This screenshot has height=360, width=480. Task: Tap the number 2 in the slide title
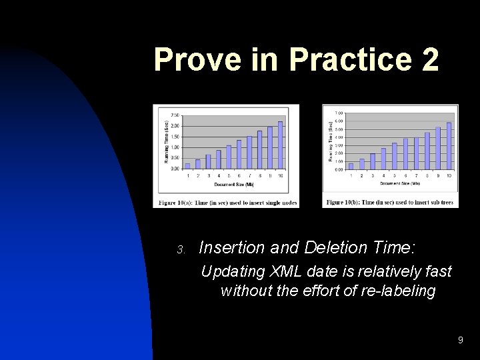click(x=430, y=60)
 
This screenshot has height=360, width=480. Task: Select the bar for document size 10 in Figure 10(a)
click(x=281, y=145)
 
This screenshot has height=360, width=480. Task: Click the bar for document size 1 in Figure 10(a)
click(x=187, y=165)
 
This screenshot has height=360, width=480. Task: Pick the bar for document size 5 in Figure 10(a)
click(x=229, y=157)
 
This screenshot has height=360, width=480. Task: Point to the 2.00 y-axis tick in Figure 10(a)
click(x=175, y=126)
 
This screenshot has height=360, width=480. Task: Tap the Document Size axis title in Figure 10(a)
click(x=233, y=184)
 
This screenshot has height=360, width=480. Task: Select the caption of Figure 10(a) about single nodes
click(x=226, y=202)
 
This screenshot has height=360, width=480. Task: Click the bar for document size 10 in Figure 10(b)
click(x=449, y=145)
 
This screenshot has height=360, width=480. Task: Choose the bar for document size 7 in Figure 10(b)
click(x=416, y=153)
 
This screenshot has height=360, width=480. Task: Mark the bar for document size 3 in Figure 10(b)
click(x=373, y=161)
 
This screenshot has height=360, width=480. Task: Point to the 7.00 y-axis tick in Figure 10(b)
click(x=339, y=113)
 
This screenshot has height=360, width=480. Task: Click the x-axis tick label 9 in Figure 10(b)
click(x=438, y=175)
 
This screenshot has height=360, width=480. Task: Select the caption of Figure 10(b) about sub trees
click(x=390, y=202)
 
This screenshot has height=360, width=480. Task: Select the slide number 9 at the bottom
click(x=460, y=341)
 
